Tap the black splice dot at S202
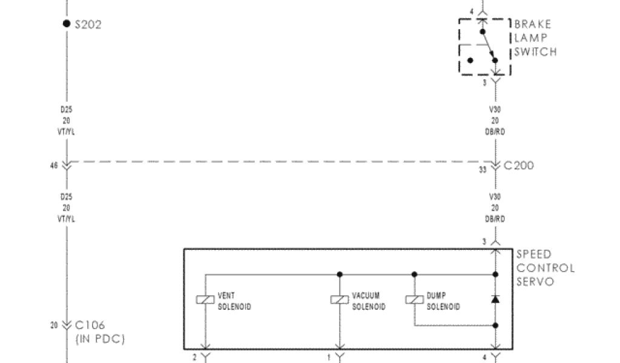[66, 24]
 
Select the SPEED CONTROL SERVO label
[544, 268]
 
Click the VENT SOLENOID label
[234, 301]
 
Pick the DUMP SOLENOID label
[443, 301]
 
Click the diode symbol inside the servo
[495, 299]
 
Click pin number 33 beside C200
[483, 170]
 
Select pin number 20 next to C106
[53, 325]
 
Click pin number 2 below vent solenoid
[194, 358]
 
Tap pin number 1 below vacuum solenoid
[329, 358]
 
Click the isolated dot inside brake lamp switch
[470, 60]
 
